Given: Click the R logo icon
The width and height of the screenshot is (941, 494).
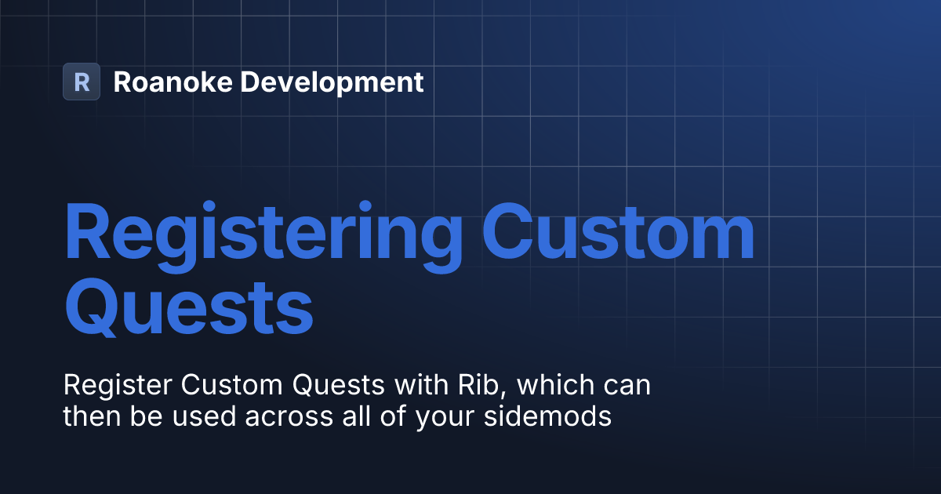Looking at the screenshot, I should [x=82, y=82].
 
